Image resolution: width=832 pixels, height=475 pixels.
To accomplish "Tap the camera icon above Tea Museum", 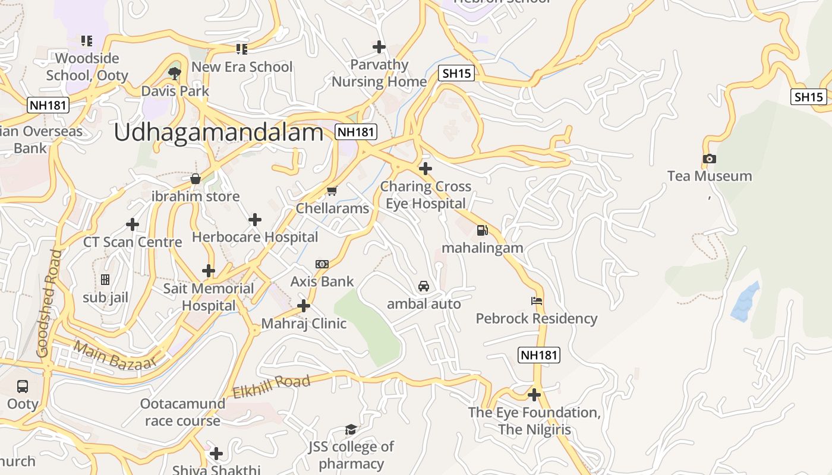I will pos(709,159).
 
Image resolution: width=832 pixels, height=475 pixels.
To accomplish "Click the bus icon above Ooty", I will pos(23,387).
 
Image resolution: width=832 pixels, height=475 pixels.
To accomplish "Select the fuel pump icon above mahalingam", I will pos(482,230).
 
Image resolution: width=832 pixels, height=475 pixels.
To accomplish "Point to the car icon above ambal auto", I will pos(424,286).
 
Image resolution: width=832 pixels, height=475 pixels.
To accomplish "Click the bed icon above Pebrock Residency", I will pos(537,301).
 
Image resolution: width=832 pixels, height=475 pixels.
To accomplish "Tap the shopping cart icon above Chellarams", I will pos(332,191).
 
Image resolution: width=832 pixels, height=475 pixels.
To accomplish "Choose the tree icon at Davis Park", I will pos(175,73).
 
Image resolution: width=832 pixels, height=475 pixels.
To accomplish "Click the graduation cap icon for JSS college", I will pos(351,429).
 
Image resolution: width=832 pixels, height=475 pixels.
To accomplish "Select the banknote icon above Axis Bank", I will pos(322,264).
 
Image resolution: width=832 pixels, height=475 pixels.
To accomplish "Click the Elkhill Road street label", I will pos(271,387).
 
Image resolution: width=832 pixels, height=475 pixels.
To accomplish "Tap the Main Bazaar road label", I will pos(115,355).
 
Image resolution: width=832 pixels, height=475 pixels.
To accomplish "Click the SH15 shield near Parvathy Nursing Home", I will pos(456,74).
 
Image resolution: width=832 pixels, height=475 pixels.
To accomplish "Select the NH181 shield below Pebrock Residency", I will pos(539,355).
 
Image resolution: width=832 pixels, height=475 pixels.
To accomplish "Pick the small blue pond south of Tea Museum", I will pos(745,303).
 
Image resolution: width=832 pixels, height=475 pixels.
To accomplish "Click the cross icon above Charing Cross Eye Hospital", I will pos(426,169).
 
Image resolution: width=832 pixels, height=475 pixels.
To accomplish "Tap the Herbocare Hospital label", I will pos(255,237).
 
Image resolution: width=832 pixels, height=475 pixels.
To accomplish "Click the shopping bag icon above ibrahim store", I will pos(196,179).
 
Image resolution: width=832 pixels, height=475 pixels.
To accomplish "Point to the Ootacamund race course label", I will pos(182,412).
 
